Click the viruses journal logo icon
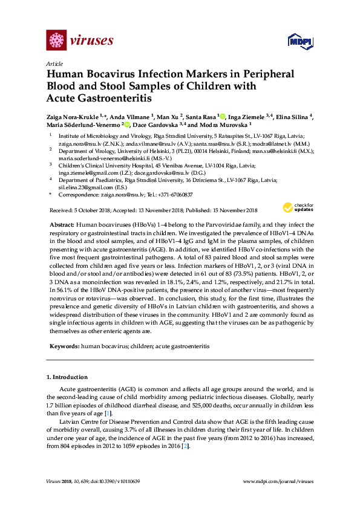tap(56, 41)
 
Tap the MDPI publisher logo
tap(299, 42)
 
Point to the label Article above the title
tap(54, 63)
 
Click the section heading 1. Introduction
tap(67, 378)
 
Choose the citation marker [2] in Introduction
tap(188, 446)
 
